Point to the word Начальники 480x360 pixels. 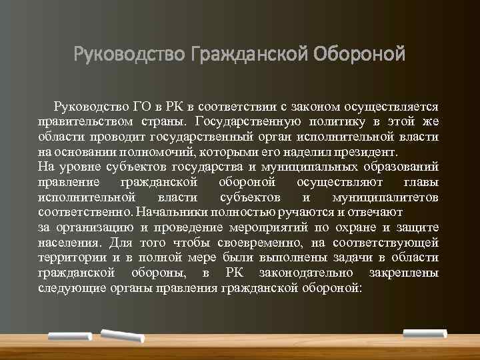pyautogui.click(x=169, y=213)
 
